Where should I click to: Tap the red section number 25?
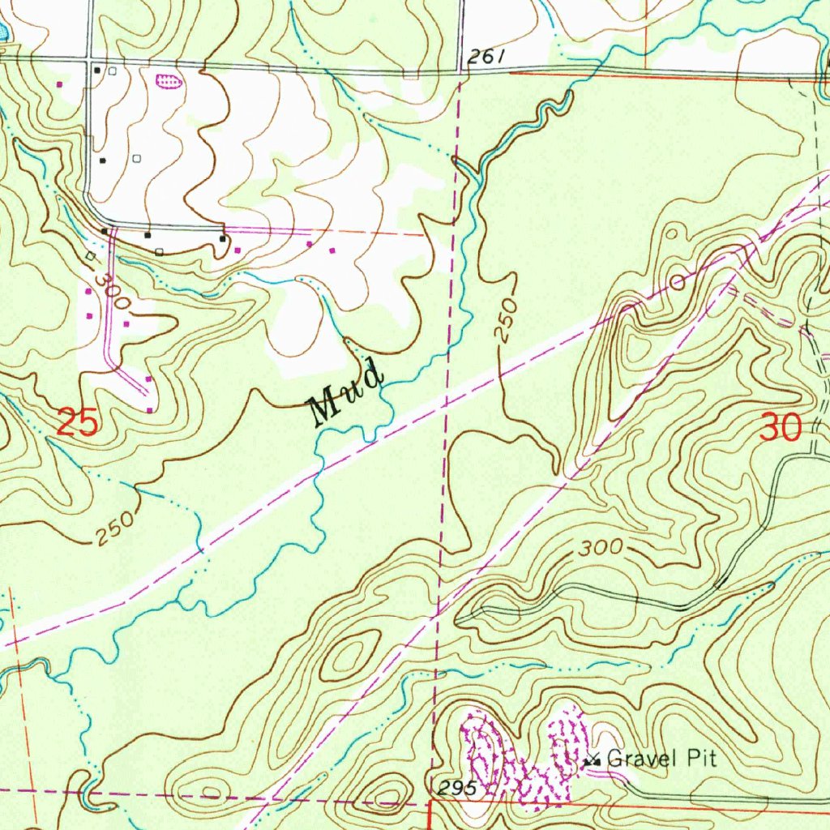[79, 423]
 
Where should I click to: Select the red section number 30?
[781, 427]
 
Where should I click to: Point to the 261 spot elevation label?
[486, 57]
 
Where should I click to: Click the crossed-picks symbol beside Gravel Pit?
[593, 760]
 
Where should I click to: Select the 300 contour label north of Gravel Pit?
[601, 549]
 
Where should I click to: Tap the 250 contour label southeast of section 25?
[113, 528]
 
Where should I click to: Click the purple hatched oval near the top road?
[168, 80]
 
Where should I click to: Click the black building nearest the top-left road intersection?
[97, 71]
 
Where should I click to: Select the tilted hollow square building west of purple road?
[90, 256]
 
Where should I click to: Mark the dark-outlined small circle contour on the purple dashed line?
[677, 282]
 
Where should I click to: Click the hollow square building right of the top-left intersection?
[112, 71]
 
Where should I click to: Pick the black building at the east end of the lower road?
[221, 238]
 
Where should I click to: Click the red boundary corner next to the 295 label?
[429, 802]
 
